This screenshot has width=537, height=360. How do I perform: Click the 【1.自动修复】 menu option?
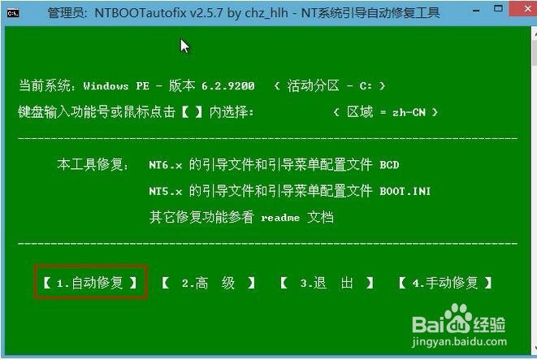point(90,283)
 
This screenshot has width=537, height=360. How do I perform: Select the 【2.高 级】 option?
point(208,283)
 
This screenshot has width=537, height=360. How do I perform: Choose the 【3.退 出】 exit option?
point(327,283)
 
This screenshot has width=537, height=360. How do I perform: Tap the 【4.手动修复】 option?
point(445,283)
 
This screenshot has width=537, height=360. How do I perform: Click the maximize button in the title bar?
point(498,8)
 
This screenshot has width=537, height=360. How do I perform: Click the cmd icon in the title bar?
point(13,13)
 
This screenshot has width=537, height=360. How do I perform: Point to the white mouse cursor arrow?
point(184,46)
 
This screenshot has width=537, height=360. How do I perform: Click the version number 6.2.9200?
point(227,85)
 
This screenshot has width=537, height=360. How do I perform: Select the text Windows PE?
point(116,85)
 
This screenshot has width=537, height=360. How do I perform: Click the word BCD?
point(389,165)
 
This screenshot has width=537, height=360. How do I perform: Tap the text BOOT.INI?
point(405,191)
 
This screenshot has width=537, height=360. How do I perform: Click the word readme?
point(280,218)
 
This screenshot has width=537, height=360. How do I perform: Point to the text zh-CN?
point(409,112)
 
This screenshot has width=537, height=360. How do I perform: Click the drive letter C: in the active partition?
point(366,85)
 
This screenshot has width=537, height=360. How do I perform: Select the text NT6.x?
point(166,165)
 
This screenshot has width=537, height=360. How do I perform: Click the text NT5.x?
point(166,191)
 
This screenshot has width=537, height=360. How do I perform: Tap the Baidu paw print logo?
point(458,319)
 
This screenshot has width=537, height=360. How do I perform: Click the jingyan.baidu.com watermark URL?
point(459,341)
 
